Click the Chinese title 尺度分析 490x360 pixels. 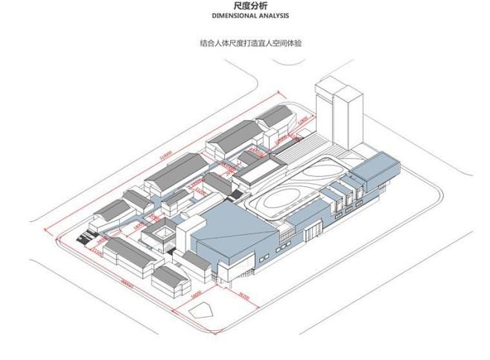point(245,6)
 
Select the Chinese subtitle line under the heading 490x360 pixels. point(245,42)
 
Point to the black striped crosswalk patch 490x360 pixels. point(86,239)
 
